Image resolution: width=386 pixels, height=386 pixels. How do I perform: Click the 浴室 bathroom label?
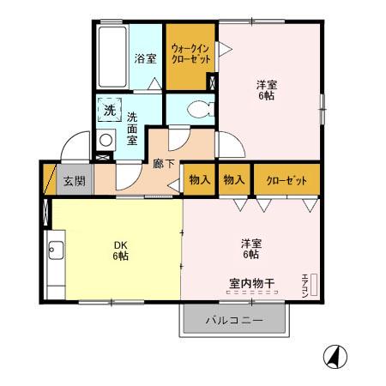tap(145, 59)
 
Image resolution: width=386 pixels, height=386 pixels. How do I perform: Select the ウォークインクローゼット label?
tap(190, 55)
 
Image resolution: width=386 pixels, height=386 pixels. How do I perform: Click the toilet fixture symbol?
tap(196, 110)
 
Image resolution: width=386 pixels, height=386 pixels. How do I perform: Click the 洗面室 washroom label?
tap(133, 129)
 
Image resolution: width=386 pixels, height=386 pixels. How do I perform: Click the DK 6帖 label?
tap(119, 250)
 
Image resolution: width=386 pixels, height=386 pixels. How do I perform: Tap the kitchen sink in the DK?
tap(56, 251)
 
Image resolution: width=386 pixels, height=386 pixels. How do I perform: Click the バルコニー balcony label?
tap(233, 322)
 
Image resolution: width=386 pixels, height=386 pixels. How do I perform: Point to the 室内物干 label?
tap(251, 282)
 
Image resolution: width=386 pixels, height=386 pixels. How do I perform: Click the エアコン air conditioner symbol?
tap(308, 283)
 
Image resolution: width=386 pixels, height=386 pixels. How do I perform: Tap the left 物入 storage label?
tap(199, 179)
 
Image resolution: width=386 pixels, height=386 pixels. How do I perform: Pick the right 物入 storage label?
tap(234, 179)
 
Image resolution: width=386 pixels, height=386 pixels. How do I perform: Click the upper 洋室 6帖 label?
tap(268, 91)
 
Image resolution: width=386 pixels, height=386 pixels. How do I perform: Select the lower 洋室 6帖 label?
tap(251, 249)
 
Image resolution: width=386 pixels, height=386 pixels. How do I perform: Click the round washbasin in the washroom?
tap(106, 140)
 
